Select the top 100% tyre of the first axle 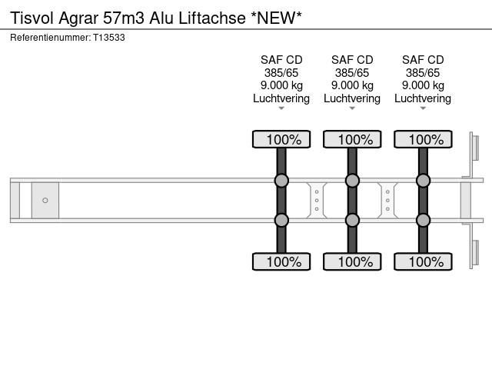click(x=281, y=139)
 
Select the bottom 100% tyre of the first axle click(x=281, y=262)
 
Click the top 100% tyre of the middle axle click(x=352, y=139)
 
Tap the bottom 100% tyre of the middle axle click(x=352, y=262)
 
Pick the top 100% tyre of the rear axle click(x=423, y=139)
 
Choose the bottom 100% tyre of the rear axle click(x=423, y=262)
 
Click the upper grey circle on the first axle click(x=281, y=181)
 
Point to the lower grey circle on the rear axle click(x=423, y=220)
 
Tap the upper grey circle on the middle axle click(x=352, y=181)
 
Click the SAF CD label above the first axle click(x=281, y=60)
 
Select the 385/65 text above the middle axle click(x=352, y=73)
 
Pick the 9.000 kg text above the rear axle click(x=423, y=85)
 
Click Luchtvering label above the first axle click(x=281, y=98)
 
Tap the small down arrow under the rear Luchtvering click(x=423, y=108)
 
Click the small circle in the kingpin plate click(x=45, y=201)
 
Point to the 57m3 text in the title click(x=122, y=18)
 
